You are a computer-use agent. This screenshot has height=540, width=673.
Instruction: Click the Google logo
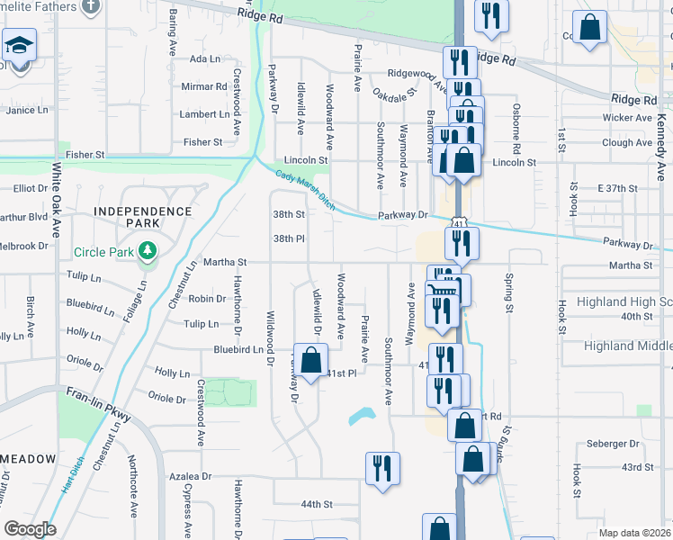(30, 529)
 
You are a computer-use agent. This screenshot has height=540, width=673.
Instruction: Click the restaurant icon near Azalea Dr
(382, 468)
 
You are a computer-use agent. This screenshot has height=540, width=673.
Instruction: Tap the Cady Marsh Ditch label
(305, 192)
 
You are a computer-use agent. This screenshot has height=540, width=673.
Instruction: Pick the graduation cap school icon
(18, 46)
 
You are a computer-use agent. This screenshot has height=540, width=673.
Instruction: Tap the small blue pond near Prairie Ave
(362, 416)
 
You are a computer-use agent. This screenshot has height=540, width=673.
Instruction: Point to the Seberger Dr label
(612, 444)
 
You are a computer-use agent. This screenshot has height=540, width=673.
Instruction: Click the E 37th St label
(616, 188)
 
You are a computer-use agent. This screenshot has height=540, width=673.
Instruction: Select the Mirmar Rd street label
(203, 87)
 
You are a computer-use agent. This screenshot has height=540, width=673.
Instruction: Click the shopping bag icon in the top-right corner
(590, 29)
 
